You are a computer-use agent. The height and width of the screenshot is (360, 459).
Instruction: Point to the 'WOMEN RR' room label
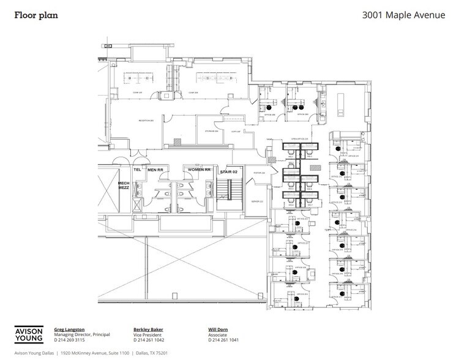tap(199, 170)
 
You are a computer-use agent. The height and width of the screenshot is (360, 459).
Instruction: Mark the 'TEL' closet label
tap(138, 170)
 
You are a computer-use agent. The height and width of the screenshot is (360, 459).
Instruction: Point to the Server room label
tap(257, 201)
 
